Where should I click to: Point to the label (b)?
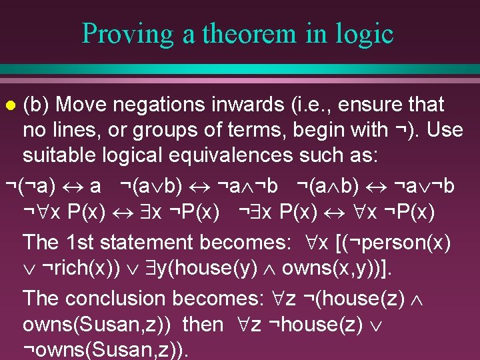coord(37,105)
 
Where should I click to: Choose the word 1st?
coord(83,242)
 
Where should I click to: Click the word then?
coord(203,324)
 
